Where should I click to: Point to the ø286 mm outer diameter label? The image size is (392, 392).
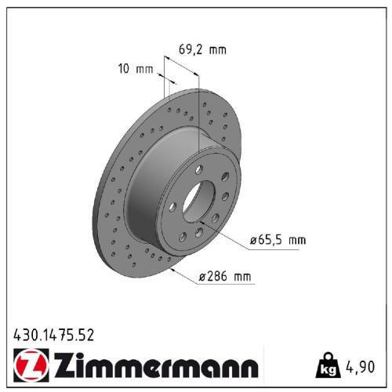(x=226, y=277)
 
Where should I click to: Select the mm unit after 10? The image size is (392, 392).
(x=144, y=69)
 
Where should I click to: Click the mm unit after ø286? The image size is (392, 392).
(x=245, y=277)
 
